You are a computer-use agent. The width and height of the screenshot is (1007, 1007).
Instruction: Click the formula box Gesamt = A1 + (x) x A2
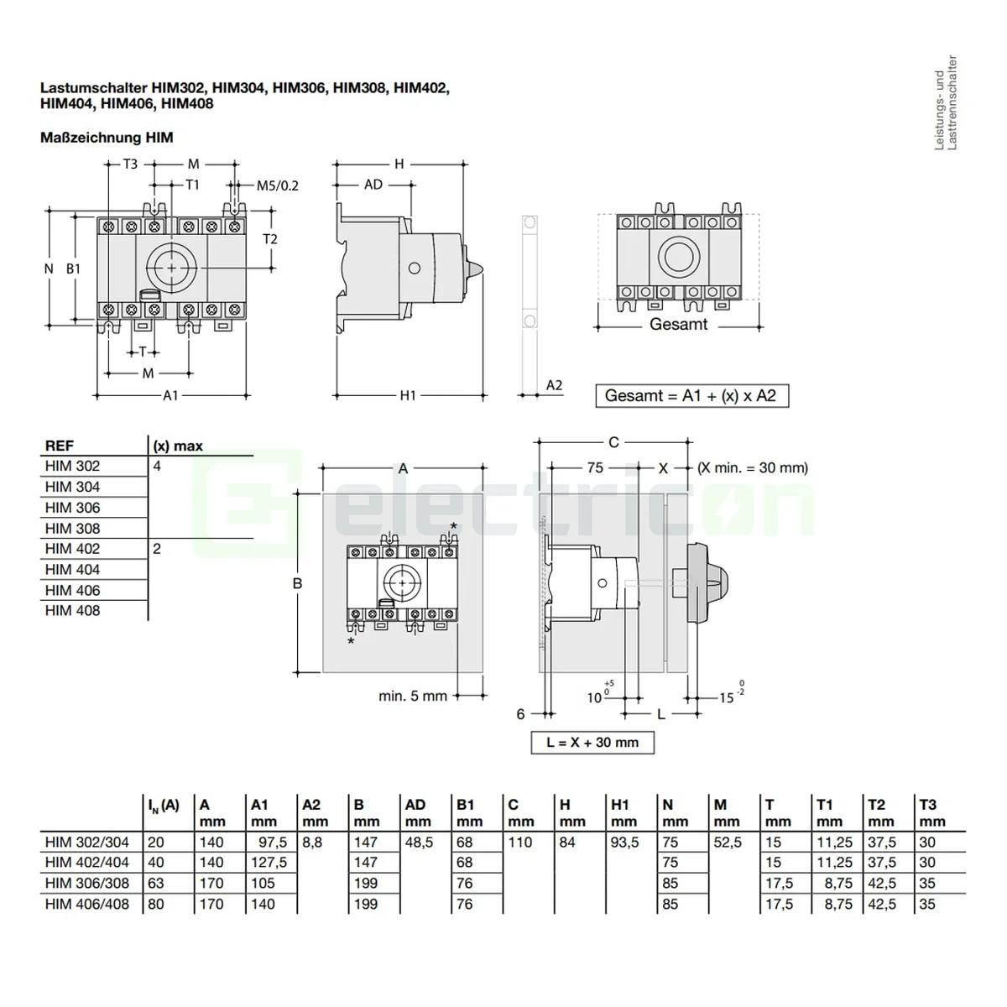[691, 395]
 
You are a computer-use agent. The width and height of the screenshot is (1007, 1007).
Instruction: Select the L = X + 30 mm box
[592, 743]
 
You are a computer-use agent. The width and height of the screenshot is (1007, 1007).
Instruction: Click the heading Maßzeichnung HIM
[107, 138]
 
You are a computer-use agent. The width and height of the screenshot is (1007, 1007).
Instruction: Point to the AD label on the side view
[373, 185]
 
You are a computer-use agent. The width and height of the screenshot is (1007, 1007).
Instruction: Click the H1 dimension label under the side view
[408, 394]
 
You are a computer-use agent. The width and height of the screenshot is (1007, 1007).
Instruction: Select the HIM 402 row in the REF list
[73, 549]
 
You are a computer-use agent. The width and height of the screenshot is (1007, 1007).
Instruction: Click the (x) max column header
[178, 446]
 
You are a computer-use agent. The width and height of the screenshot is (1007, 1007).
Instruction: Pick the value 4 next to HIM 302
[157, 466]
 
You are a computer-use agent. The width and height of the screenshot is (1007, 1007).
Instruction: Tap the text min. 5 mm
[413, 696]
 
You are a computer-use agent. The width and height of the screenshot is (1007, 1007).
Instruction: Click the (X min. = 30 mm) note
[753, 467]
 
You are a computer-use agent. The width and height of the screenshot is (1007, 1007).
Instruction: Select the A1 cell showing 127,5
[269, 863]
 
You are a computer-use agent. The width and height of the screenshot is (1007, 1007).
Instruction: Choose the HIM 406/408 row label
[87, 905]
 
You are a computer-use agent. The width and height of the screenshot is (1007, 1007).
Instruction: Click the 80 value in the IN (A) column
[156, 905]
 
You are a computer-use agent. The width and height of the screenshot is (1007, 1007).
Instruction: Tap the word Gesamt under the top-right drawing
[678, 324]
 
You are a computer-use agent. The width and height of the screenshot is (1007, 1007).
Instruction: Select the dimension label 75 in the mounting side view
[595, 467]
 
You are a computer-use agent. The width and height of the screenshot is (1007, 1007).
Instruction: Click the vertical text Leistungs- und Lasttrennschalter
[946, 102]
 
